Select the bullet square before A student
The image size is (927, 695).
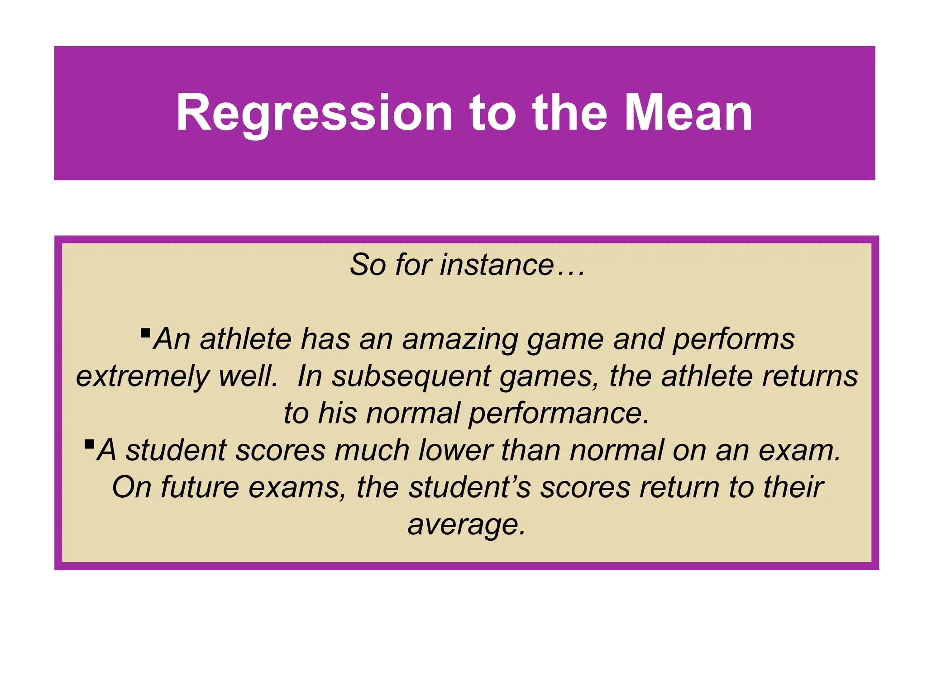(89, 444)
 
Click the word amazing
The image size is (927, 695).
(459, 339)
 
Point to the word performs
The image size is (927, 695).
(733, 339)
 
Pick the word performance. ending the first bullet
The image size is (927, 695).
(559, 414)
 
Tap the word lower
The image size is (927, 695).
(455, 450)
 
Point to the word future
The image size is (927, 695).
(200, 487)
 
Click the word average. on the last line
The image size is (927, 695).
(467, 525)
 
